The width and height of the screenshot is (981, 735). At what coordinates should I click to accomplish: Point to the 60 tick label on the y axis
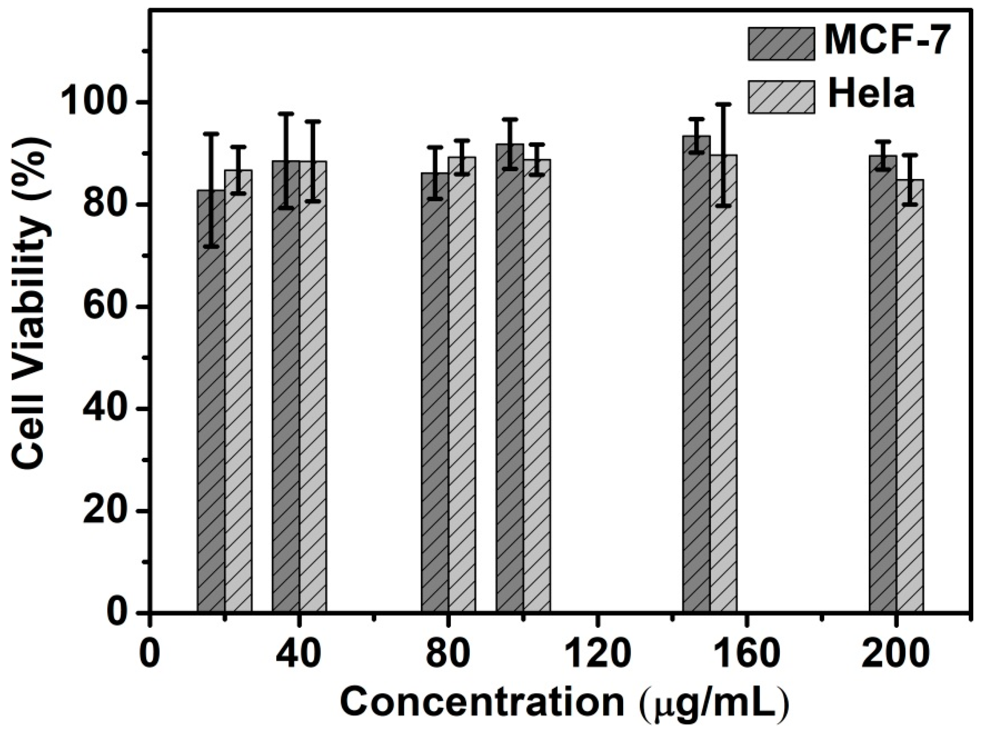109,307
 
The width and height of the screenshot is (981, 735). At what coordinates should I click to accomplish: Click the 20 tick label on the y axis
109,511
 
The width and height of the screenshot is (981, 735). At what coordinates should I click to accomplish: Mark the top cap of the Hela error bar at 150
724,104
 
